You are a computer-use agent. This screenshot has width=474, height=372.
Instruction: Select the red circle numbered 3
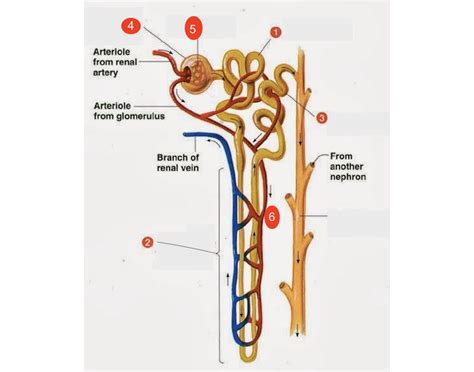pos(322,117)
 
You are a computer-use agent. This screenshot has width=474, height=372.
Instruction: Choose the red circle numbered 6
pos(273,215)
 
